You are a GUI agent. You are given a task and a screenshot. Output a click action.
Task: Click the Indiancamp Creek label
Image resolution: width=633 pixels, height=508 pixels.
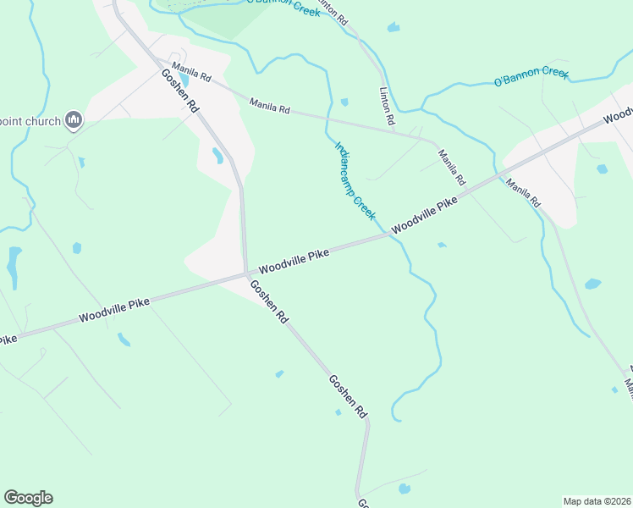[x=355, y=180]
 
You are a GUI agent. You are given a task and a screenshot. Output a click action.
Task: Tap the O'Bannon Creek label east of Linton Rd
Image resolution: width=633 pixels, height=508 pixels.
[x=531, y=77]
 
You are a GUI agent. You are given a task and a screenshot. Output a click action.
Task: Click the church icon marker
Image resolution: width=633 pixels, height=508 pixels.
[x=74, y=121]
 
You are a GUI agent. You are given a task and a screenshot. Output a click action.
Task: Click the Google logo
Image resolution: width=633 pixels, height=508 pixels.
[x=28, y=498]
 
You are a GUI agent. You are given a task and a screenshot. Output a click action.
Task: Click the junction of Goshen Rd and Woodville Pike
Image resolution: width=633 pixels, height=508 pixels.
[x=246, y=273]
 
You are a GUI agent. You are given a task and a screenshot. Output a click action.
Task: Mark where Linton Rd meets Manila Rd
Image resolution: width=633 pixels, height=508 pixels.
[x=396, y=130]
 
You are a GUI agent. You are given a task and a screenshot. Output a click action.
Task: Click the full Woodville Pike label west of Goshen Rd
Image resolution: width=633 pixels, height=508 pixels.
[x=114, y=310]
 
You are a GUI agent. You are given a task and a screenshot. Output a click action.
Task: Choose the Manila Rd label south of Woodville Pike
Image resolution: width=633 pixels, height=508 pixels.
[x=524, y=193]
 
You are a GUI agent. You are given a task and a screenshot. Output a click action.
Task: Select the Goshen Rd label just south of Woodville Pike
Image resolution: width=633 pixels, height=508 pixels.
[x=270, y=301]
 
